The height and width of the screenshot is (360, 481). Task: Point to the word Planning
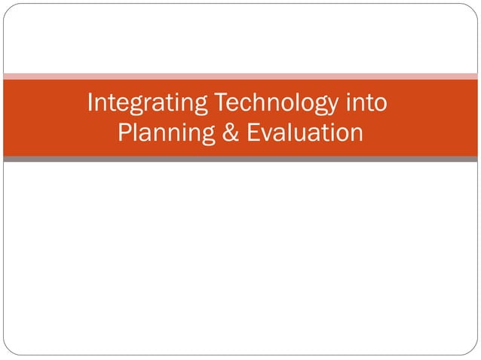164,133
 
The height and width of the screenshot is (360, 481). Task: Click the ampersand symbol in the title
231,133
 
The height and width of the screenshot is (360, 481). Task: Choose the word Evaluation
305,133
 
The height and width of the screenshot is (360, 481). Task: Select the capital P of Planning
125,133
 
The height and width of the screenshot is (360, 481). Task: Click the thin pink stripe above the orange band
240,76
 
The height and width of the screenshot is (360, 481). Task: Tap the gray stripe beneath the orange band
240,159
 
